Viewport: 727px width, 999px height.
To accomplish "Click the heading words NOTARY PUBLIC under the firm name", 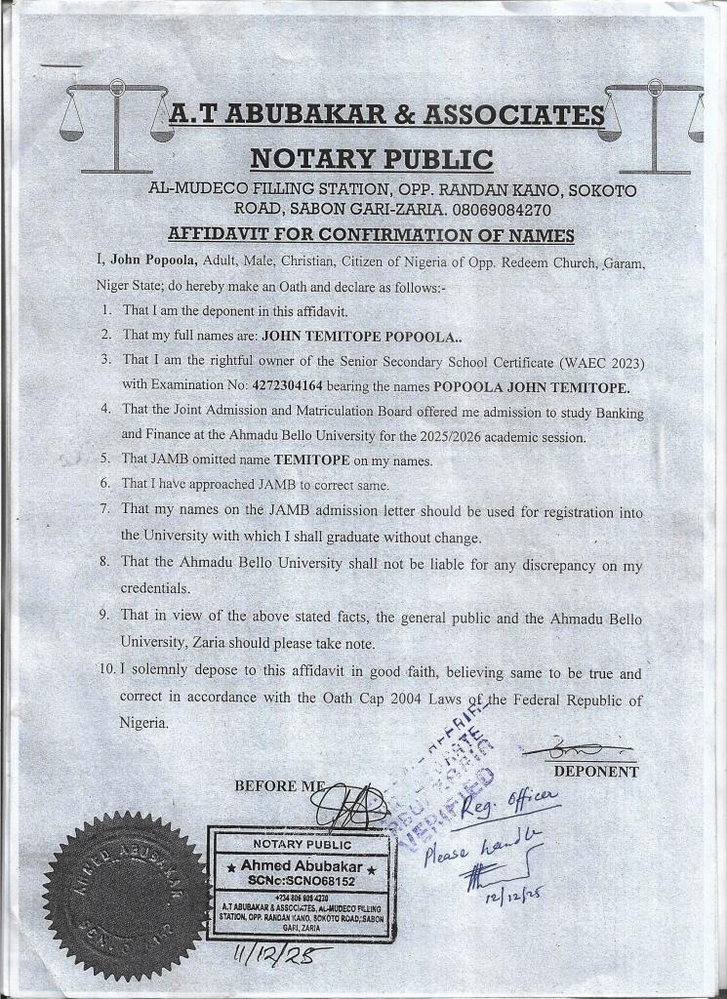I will pyautogui.click(x=371, y=158).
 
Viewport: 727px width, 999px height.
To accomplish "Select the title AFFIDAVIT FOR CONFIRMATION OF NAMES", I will pyautogui.click(x=371, y=235).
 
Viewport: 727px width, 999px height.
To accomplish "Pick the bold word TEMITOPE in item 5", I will pyautogui.click(x=319, y=460).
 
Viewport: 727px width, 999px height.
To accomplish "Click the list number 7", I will pyautogui.click(x=104, y=509).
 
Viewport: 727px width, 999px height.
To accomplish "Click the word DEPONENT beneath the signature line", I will pyautogui.click(x=595, y=772).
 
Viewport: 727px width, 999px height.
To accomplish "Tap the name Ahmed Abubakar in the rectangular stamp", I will pyautogui.click(x=301, y=866).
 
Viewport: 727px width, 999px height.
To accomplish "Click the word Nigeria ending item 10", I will pyautogui.click(x=144, y=723).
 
